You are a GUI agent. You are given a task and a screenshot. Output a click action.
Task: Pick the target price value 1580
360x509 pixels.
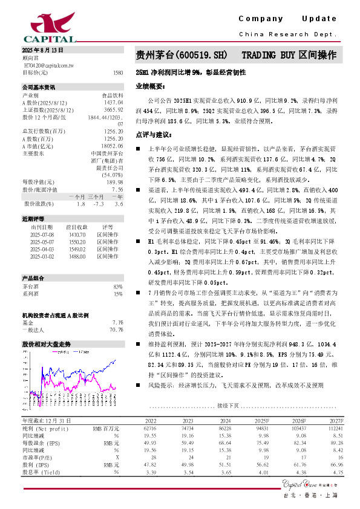pyautogui.click(x=118, y=72)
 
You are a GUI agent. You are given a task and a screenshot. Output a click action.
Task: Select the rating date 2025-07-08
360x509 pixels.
pyautogui.click(x=42, y=233)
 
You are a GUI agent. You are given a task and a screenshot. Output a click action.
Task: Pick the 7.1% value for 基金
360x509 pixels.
pyautogui.click(x=118, y=322)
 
